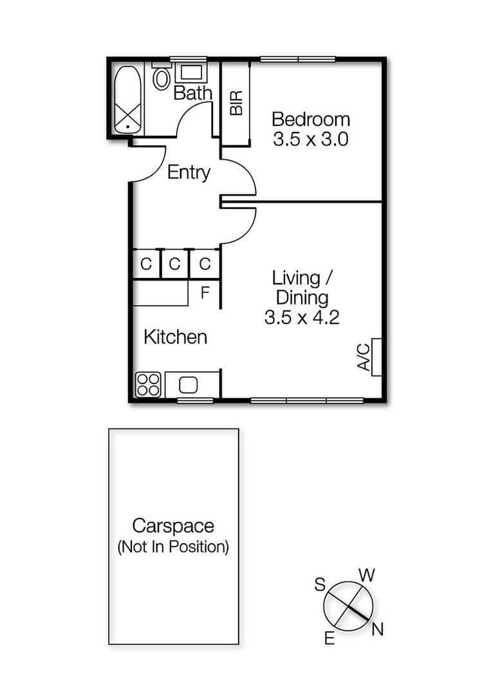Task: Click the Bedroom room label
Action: tap(310, 120)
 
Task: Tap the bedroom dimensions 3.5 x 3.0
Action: tap(310, 140)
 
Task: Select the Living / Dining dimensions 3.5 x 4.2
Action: tap(301, 317)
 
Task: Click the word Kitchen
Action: tap(175, 337)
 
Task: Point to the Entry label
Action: tap(189, 172)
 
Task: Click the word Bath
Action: tap(192, 93)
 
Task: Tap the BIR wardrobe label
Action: tap(236, 103)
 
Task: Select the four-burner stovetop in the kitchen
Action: tap(148, 385)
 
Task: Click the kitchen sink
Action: tap(189, 385)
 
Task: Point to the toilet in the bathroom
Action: tap(162, 79)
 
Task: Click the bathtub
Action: tap(129, 100)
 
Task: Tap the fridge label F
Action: tap(205, 293)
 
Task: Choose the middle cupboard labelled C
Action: tap(175, 264)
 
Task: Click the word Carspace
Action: tap(172, 526)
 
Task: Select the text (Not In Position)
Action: tap(172, 548)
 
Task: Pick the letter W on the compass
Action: tap(366, 574)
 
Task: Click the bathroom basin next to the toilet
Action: tap(189, 72)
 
